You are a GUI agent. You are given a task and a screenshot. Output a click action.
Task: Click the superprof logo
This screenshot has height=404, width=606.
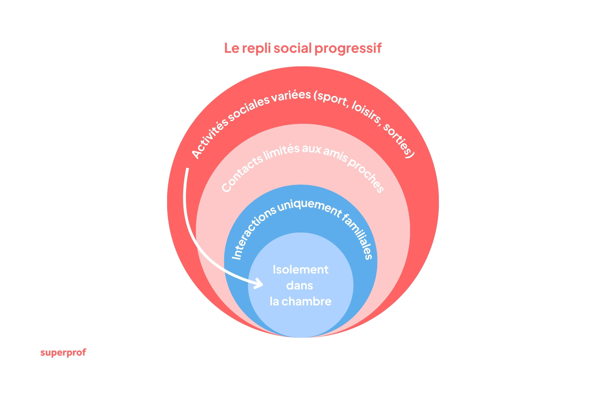63,353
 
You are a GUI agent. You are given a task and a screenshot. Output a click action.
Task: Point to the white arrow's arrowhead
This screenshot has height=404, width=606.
259,284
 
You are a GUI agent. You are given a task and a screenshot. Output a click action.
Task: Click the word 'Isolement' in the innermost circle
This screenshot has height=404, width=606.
300,270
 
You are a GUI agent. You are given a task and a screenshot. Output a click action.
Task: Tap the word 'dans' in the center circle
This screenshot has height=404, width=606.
300,285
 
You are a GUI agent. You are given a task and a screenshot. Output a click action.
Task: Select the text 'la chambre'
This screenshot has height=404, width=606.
300,301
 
